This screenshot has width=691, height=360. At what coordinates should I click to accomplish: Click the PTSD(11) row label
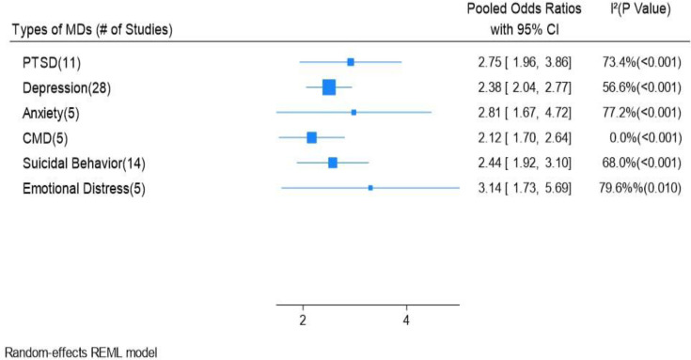pos(52,63)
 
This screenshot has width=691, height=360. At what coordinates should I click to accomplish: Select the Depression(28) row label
pos(67,88)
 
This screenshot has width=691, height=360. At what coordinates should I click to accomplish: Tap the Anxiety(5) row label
pos(51,113)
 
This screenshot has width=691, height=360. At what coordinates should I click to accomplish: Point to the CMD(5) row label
pos(45,138)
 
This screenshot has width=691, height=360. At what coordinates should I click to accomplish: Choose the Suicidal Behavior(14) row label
pos(84,164)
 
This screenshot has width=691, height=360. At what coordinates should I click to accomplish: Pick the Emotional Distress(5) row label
pos(84,189)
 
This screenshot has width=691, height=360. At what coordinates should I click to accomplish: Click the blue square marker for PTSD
pos(351,62)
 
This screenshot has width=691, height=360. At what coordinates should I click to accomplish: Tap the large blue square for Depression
pos(329,87)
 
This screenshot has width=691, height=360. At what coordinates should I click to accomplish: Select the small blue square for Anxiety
pos(353,113)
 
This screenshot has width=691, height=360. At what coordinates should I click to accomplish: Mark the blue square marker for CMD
pos(311,137)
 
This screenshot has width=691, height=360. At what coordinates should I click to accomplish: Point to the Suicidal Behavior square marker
pos(333,163)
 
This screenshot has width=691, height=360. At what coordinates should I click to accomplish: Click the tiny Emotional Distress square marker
pos(370,188)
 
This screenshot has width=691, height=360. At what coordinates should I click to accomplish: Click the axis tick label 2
pos(303,321)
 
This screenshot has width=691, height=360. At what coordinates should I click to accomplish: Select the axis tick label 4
pos(406,321)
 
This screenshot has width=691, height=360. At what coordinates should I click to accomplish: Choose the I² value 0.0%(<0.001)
pos(646,138)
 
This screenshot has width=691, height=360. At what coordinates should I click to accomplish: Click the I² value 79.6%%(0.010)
pos(640,189)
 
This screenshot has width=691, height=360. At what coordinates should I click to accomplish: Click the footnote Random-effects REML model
pos(81,352)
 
